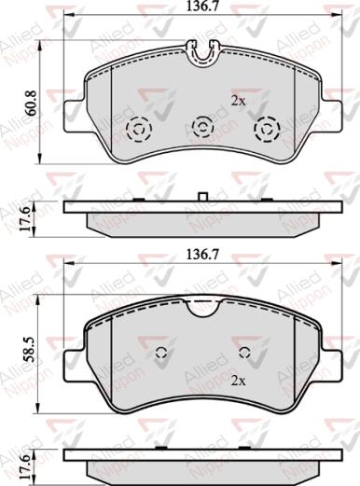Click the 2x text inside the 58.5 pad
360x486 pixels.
237,382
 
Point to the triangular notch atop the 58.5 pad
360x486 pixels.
201,307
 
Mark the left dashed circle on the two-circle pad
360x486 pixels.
161,353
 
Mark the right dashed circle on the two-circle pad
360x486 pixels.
245,353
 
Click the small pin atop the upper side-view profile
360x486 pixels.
202,196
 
